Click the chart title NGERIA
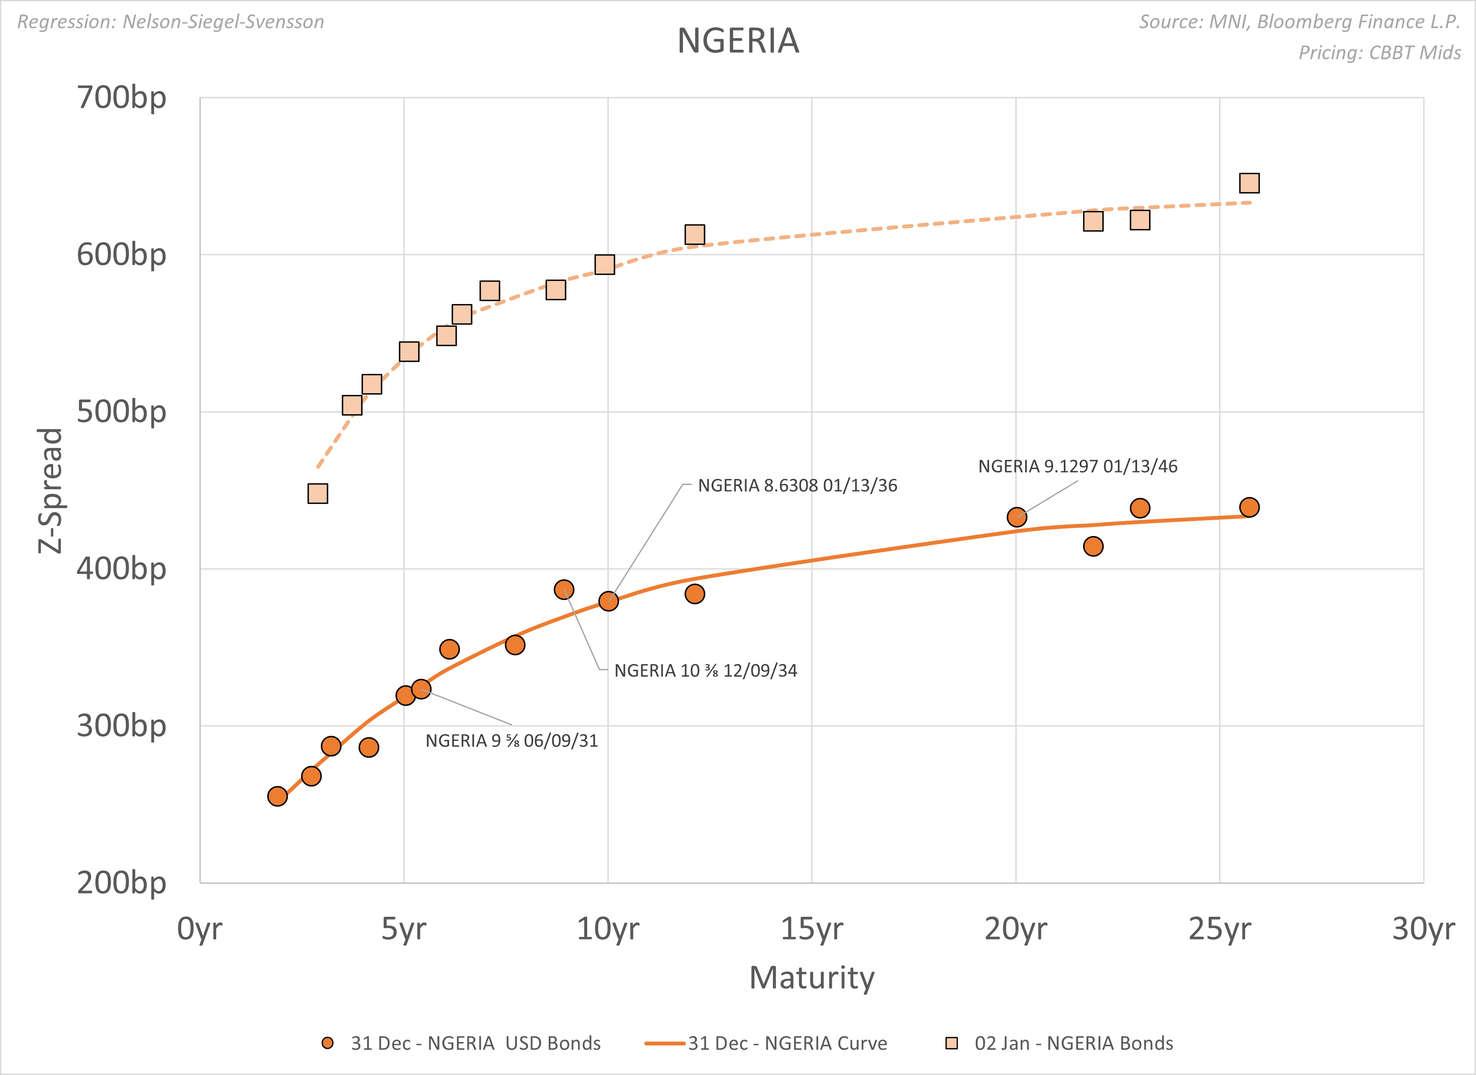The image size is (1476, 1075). (x=738, y=41)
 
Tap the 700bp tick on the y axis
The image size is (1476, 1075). (x=122, y=98)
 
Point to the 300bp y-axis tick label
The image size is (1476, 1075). (x=122, y=726)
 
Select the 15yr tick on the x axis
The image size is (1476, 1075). (x=812, y=929)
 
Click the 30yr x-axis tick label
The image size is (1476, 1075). (x=1423, y=929)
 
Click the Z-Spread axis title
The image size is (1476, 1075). (x=51, y=491)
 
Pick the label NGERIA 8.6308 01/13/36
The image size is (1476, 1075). (x=797, y=485)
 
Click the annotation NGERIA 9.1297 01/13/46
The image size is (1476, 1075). (x=1078, y=467)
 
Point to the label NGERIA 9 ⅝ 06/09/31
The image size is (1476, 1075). (x=512, y=741)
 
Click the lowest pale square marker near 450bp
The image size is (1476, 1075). (x=317, y=494)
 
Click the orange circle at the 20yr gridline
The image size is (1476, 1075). (x=1017, y=517)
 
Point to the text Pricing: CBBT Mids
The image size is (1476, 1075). (x=1379, y=53)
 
